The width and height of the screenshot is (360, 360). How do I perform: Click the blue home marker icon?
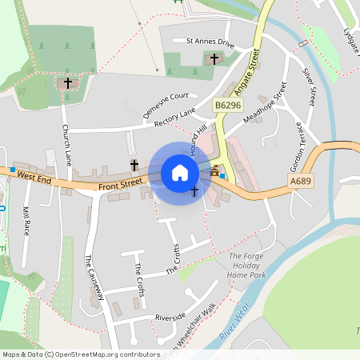point(180,173)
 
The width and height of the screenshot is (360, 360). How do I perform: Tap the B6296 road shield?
point(227,105)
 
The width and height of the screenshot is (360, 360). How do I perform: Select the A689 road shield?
point(300,182)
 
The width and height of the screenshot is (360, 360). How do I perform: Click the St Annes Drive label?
point(210,42)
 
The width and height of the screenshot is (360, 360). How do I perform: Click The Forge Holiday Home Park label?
point(246,266)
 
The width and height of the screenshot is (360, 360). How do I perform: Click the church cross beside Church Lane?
point(68,82)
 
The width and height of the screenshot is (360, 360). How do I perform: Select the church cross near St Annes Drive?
point(214,58)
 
